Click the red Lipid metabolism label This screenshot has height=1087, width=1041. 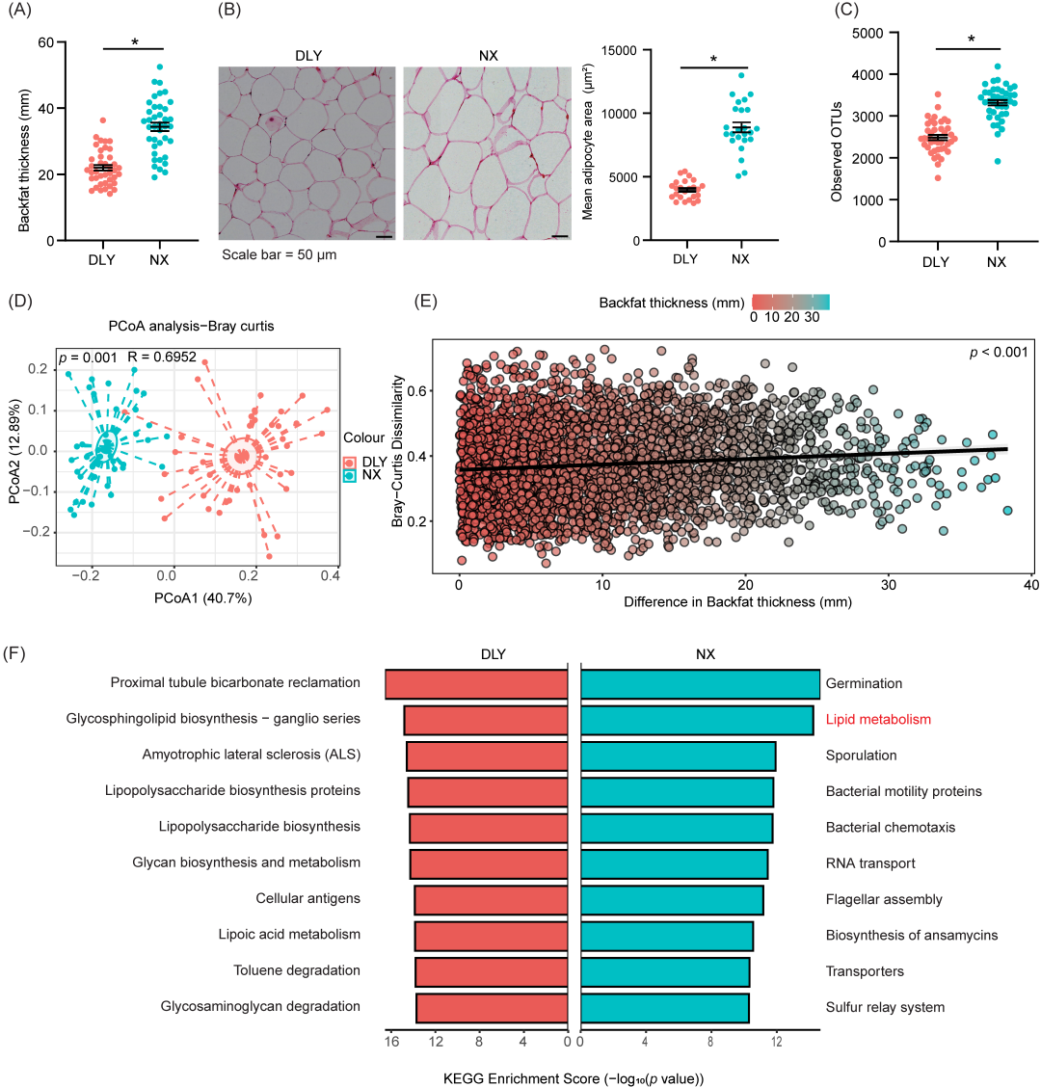(x=878, y=719)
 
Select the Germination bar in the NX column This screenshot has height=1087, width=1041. (x=700, y=683)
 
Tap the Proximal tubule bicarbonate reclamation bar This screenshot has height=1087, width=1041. (x=476, y=683)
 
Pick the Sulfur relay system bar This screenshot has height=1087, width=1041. (x=665, y=1007)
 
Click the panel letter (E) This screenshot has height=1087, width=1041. (x=425, y=300)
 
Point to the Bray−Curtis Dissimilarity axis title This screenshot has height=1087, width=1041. (x=397, y=451)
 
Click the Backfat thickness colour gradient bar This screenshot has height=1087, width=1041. (x=789, y=302)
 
